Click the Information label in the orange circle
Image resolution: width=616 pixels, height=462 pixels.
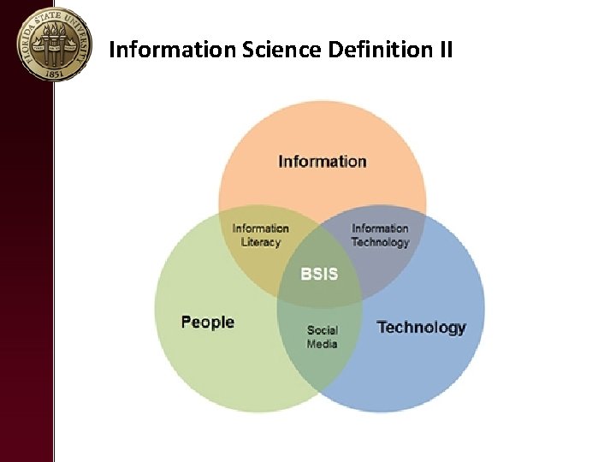click(x=323, y=161)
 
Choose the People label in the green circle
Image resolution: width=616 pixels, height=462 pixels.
click(x=208, y=322)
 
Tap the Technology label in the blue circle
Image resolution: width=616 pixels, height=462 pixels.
click(x=421, y=327)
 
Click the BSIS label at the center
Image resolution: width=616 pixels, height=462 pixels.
click(x=319, y=274)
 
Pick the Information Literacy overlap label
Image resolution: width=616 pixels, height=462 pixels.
click(x=261, y=234)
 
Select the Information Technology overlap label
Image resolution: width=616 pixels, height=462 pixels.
click(x=380, y=234)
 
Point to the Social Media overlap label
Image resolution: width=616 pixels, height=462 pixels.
click(x=323, y=336)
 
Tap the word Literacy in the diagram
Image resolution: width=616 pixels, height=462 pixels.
click(x=261, y=242)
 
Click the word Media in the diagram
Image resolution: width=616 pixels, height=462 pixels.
click(x=323, y=344)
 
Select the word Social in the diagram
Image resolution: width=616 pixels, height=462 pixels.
click(x=323, y=329)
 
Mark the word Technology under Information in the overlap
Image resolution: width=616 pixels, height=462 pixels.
click(x=380, y=242)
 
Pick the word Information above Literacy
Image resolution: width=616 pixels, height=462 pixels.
click(x=261, y=228)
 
